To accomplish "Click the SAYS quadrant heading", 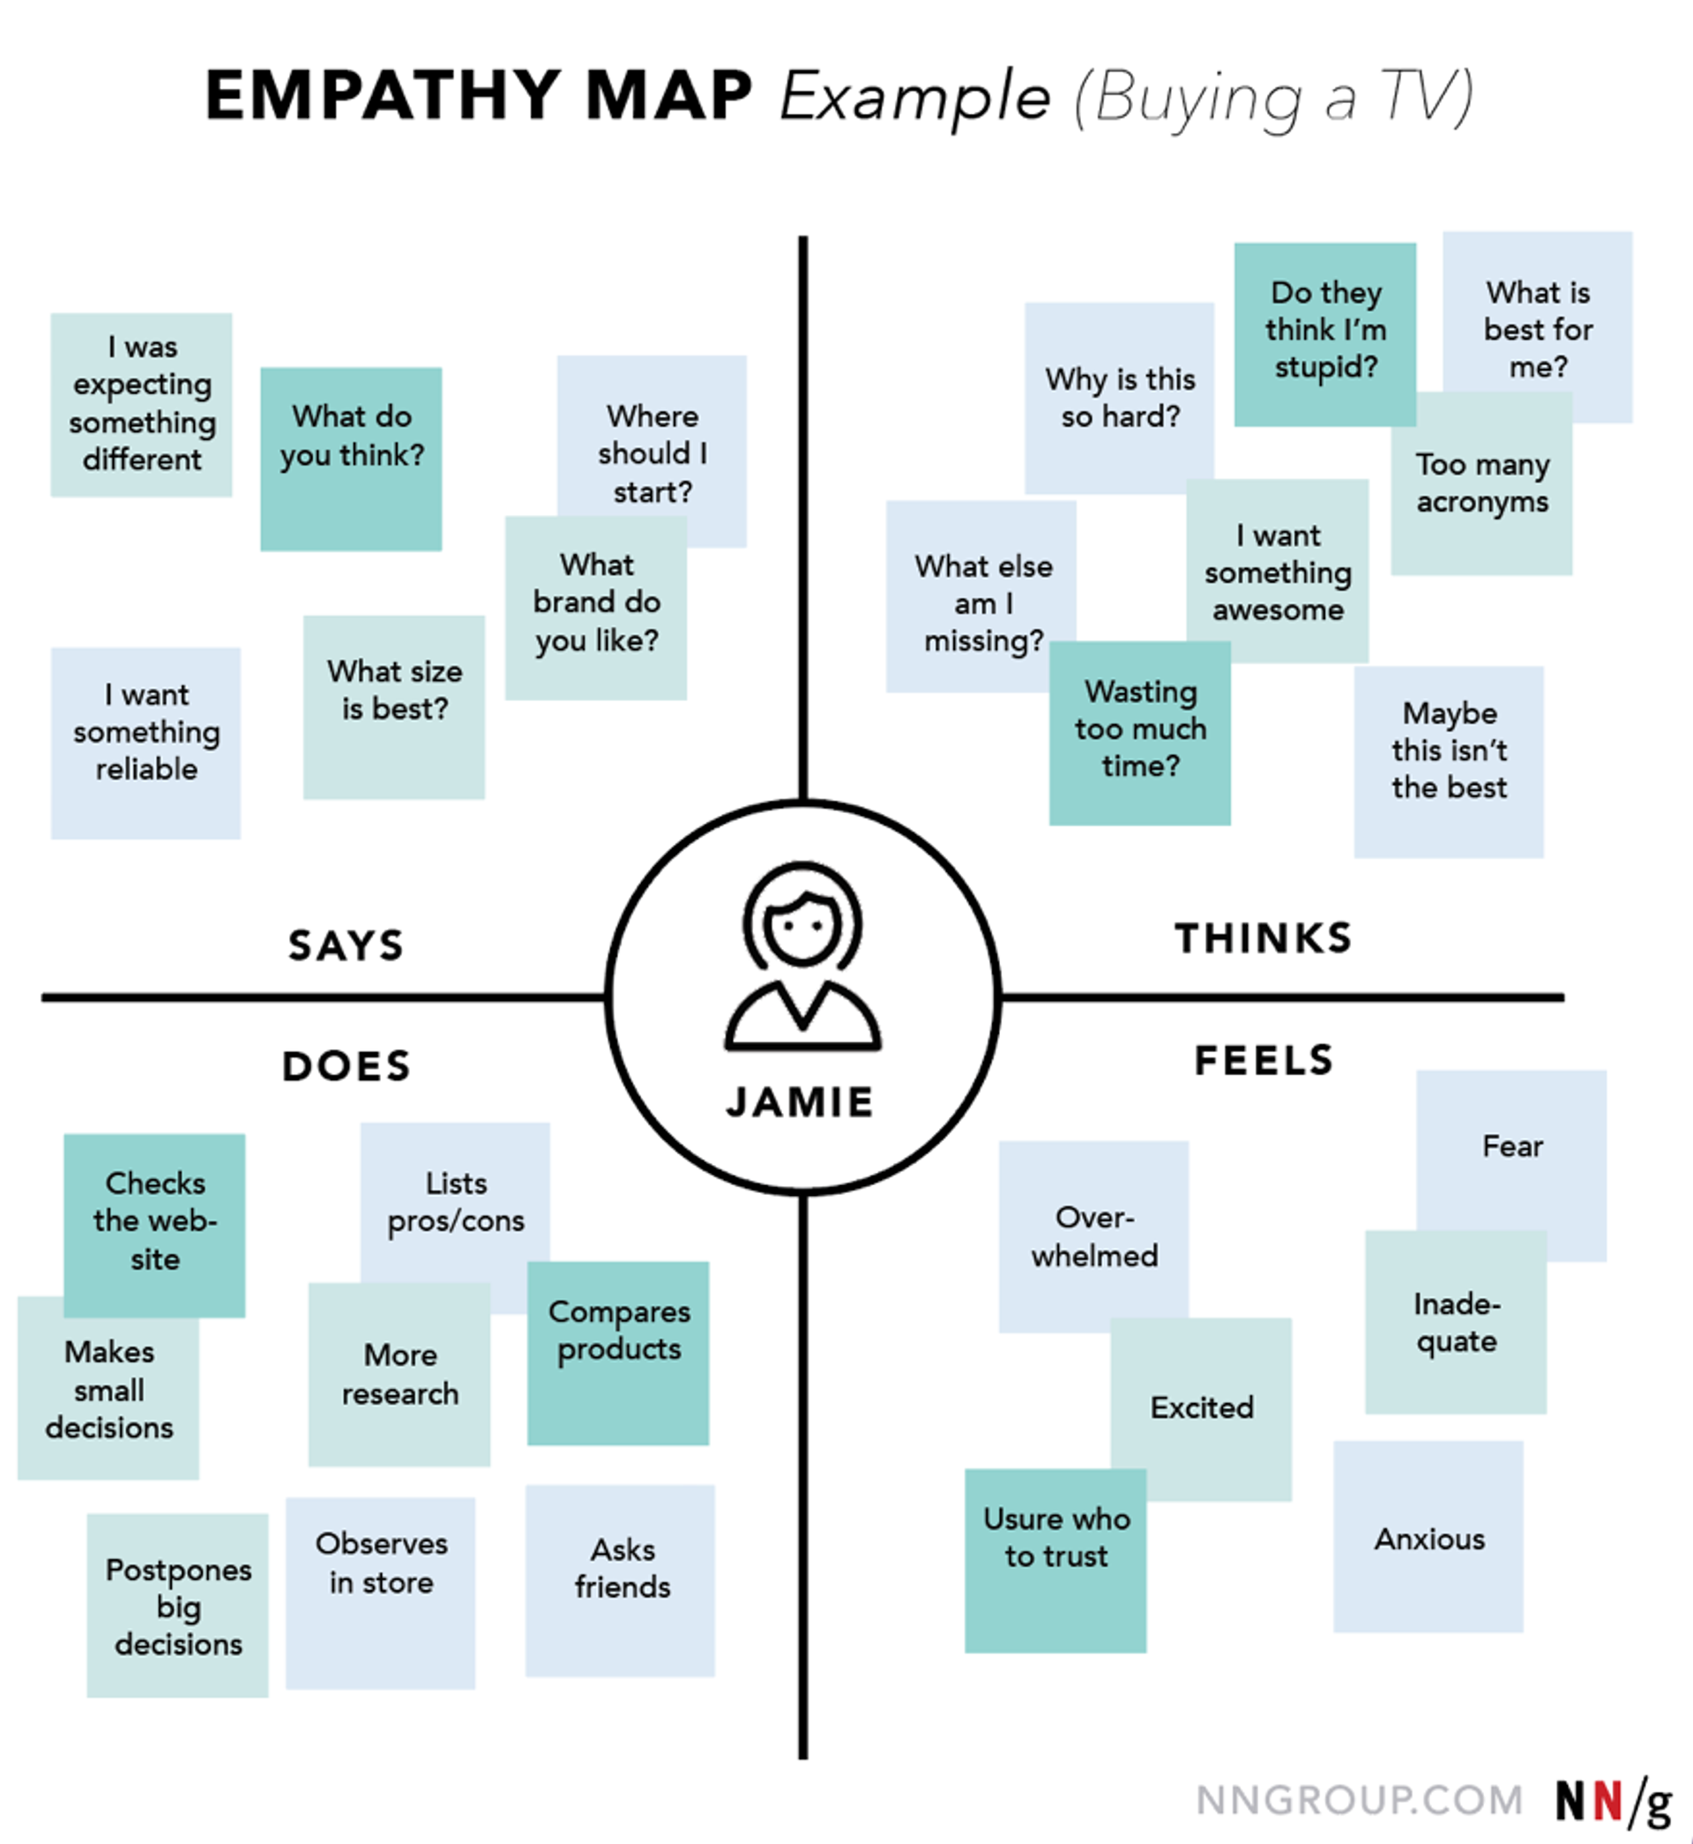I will coord(346,945).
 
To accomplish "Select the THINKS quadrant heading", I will coord(1264,938).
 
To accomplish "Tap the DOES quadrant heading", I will coord(347,1065).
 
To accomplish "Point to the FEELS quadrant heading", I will coord(1264,1060).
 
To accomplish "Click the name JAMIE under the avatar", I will coord(800,1101).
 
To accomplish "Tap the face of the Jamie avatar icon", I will coord(802,927).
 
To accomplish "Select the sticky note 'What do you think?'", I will coord(351,458).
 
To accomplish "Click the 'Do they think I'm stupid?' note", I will coord(1324,333).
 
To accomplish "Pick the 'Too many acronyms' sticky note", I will coord(1481,483).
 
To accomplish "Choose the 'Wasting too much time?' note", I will coord(1139,732).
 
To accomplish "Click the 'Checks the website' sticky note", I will coord(155,1224).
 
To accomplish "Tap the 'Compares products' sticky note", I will coord(618,1352).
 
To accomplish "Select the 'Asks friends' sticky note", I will coord(620,1579).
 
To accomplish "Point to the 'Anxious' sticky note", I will coord(1428,1539).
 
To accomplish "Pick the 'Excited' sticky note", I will coord(1201,1408).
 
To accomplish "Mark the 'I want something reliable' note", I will coord(145,742).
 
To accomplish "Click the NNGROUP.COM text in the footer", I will coord(1359,1799).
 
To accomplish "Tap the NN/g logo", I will coord(1614,1801).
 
